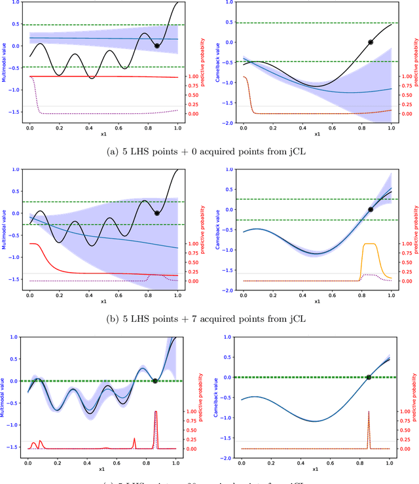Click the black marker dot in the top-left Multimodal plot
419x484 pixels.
click(x=156, y=46)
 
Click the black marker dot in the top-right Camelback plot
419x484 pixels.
click(x=371, y=42)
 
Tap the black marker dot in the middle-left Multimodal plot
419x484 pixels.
click(x=156, y=213)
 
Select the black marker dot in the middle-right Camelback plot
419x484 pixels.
click(x=371, y=209)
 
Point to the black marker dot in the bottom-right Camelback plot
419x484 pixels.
click(x=369, y=377)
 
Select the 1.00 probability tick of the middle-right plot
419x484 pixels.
click(x=405, y=243)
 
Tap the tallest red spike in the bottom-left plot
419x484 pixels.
click(x=155, y=412)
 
